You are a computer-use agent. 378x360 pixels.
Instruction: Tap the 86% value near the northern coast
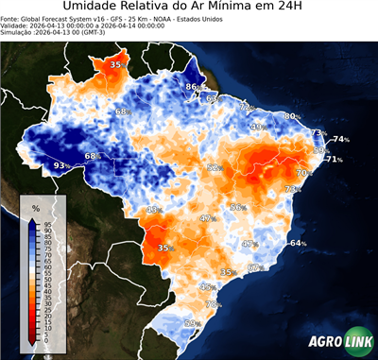(193, 87)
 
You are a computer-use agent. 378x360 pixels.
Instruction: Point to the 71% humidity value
(335, 160)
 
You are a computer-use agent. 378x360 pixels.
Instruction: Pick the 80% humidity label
(292, 116)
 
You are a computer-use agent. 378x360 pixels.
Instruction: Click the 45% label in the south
(207, 286)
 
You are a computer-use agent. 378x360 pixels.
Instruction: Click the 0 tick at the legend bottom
(47, 340)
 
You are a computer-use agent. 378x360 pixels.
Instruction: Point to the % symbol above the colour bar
(35, 206)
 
